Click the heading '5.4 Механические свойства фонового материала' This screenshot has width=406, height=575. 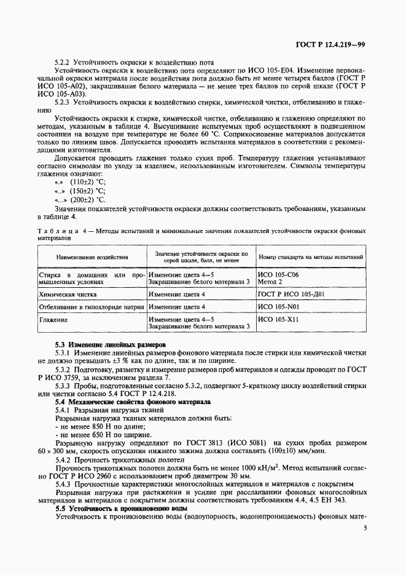coord(133,401)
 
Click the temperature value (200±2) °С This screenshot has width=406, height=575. coord(87,200)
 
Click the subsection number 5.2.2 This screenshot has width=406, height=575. coord(64,63)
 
